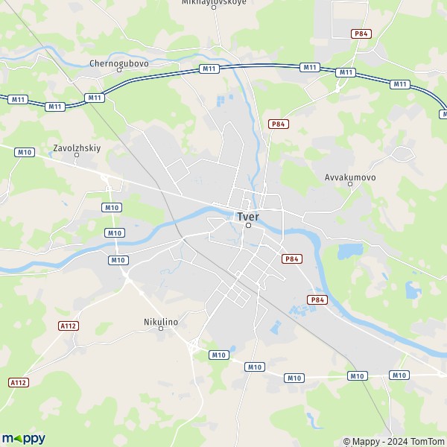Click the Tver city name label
click(x=248, y=217)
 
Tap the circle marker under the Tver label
click(x=248, y=226)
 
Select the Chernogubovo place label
click(x=119, y=64)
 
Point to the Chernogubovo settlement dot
click(x=119, y=73)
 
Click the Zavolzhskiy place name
click(x=77, y=148)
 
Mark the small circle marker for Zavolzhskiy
click(x=77, y=156)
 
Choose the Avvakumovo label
click(x=350, y=178)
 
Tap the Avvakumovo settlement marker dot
click(x=350, y=185)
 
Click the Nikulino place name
click(x=160, y=321)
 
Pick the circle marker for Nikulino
click(x=160, y=329)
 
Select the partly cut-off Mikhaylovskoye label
click(x=214, y=3)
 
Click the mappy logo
click(x=23, y=438)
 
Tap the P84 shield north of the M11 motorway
click(x=361, y=34)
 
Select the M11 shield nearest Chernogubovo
click(x=95, y=98)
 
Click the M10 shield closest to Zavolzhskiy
click(x=25, y=152)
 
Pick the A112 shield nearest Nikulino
click(x=68, y=326)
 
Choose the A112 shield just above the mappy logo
click(x=18, y=382)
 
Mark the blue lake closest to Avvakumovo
click(x=350, y=252)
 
